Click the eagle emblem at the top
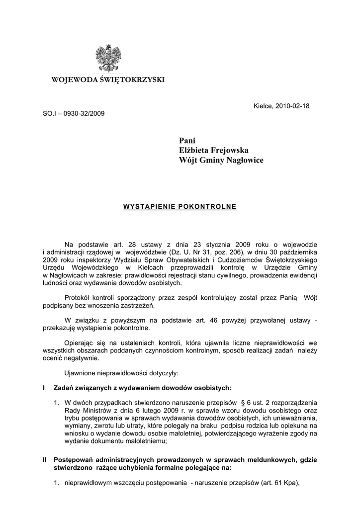click(108, 58)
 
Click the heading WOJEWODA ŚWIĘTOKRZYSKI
click(108, 80)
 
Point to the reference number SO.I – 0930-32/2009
click(74, 113)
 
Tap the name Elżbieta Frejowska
click(214, 150)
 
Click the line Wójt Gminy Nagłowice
click(221, 160)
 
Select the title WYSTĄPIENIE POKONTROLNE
click(180, 206)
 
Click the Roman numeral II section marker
click(45, 460)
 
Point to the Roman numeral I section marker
click(45, 388)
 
